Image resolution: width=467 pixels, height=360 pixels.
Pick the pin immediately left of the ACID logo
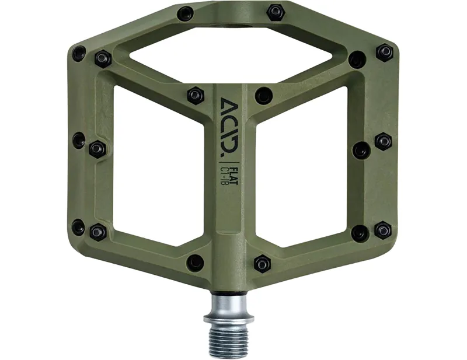(x=195, y=95)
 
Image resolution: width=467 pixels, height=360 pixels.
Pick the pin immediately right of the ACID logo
(x=264, y=95)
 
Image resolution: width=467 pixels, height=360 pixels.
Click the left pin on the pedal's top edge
(x=186, y=13)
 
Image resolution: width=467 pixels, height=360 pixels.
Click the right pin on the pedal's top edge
(x=276, y=12)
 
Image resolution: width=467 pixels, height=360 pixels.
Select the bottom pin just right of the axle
(x=263, y=264)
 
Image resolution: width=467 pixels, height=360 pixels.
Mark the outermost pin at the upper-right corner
(x=384, y=53)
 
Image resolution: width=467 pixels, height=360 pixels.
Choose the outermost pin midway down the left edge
(x=79, y=139)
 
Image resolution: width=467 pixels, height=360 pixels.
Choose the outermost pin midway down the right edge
(x=384, y=141)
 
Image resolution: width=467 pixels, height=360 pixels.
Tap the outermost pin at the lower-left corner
(x=79, y=227)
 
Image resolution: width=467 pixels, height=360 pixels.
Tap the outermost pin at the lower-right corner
(x=382, y=229)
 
